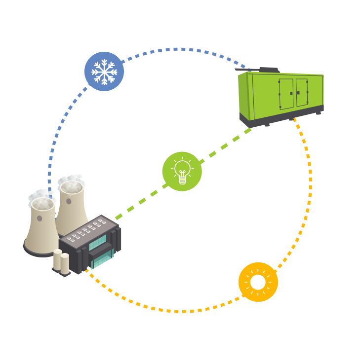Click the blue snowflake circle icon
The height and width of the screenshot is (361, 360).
104,72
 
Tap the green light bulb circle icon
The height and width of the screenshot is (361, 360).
182,171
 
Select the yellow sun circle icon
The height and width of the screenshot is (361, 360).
258,282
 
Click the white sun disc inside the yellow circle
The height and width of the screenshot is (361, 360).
258,282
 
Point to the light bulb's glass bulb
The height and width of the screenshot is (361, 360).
182,168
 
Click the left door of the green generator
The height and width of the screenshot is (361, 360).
286,94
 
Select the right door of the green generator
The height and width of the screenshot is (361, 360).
302,93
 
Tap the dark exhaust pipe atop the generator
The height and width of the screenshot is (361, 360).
267,69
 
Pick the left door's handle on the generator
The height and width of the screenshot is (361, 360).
291,93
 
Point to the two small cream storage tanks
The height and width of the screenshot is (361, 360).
61,261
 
